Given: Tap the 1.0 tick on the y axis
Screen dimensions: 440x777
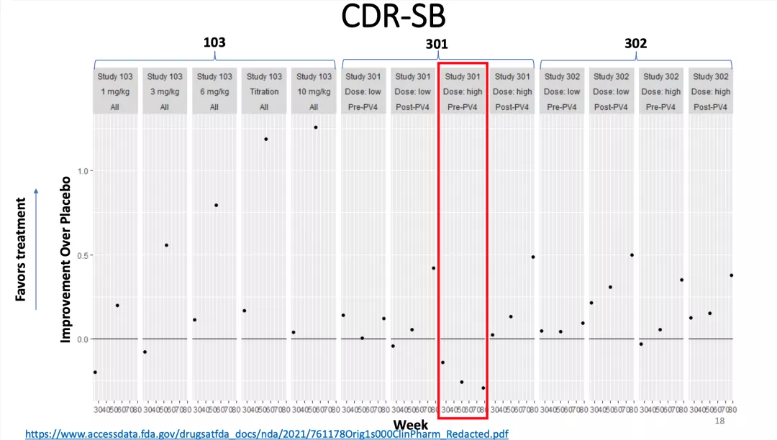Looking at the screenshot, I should pyautogui.click(x=81, y=171).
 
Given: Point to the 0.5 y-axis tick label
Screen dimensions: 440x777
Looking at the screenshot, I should pyautogui.click(x=81, y=255).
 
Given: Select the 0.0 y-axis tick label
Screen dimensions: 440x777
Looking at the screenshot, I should pyautogui.click(x=81, y=339).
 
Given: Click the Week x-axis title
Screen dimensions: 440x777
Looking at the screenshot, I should pyautogui.click(x=411, y=425).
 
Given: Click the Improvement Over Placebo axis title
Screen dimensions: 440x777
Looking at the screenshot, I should pyautogui.click(x=65, y=259).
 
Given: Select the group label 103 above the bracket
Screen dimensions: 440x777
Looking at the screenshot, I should pyautogui.click(x=214, y=42).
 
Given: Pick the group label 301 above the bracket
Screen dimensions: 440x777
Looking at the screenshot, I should pyautogui.click(x=437, y=44).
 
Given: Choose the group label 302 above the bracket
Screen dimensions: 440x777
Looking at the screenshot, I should pyautogui.click(x=635, y=43).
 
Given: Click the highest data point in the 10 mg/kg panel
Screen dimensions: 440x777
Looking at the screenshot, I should pyautogui.click(x=315, y=127).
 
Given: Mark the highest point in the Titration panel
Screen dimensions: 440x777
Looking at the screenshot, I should pyautogui.click(x=265, y=139).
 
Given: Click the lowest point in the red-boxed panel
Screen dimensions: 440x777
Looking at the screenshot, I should pyautogui.click(x=483, y=388).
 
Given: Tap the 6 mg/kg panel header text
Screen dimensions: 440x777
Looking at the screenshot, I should pyautogui.click(x=214, y=91).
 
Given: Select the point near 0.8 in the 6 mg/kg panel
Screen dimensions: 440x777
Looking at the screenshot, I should pyautogui.click(x=216, y=205).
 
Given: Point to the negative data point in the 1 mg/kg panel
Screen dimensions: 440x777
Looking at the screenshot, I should pyautogui.click(x=95, y=372).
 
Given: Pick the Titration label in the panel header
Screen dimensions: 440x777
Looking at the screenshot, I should pyautogui.click(x=264, y=91).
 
